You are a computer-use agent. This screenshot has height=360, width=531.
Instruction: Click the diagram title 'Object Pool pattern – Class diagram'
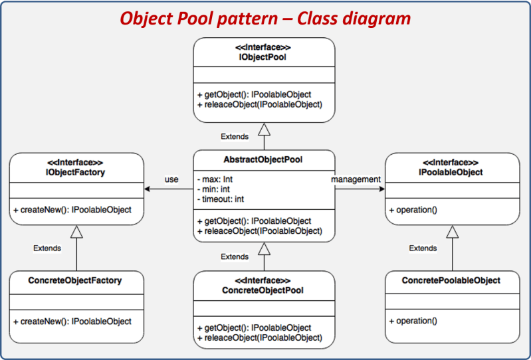(x=265, y=19)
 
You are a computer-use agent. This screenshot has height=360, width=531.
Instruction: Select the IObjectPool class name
(x=263, y=57)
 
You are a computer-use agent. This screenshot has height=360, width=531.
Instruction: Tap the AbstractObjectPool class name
(x=263, y=159)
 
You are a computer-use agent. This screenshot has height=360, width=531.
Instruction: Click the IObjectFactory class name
(x=76, y=172)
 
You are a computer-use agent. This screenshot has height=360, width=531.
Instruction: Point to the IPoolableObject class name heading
(x=451, y=172)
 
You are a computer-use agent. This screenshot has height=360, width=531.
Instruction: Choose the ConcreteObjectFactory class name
(x=75, y=280)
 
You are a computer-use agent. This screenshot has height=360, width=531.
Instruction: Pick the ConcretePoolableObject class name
(x=451, y=280)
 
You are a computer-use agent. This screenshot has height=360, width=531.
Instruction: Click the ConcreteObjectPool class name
(x=263, y=290)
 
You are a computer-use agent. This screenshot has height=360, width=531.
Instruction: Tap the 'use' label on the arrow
(x=171, y=179)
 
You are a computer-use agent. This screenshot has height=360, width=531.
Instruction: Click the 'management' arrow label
(x=356, y=179)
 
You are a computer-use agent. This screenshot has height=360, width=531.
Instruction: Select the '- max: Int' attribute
(x=215, y=179)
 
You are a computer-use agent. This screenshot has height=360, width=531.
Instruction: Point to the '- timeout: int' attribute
(x=220, y=199)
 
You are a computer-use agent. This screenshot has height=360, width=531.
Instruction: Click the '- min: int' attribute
(x=213, y=189)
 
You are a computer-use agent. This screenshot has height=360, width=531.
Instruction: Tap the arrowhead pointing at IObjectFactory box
(x=148, y=189)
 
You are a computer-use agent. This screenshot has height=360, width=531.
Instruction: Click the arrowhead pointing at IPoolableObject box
(x=382, y=189)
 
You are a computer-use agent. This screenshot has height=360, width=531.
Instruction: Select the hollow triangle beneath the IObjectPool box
(x=264, y=130)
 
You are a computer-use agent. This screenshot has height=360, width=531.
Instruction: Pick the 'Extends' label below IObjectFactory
(x=47, y=248)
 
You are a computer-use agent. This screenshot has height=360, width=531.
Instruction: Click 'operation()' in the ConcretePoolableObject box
(x=413, y=321)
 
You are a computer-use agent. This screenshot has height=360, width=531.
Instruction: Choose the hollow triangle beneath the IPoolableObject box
(x=453, y=232)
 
